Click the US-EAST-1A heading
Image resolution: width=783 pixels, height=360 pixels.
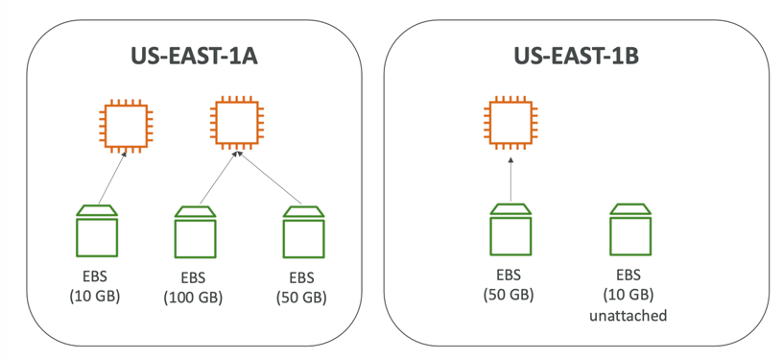tap(194, 57)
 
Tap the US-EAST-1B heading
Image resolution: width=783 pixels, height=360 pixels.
tap(577, 57)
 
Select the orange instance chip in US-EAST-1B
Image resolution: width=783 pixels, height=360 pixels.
tap(510, 123)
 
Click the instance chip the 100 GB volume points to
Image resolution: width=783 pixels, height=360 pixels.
tap(237, 123)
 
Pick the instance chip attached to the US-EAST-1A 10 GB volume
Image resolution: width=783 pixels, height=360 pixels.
tap(126, 126)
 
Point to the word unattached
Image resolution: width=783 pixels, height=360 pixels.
tap(629, 316)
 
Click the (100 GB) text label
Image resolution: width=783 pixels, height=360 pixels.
tap(193, 298)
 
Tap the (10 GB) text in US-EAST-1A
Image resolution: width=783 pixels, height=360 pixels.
tap(95, 296)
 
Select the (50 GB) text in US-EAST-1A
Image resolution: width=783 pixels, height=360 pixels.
tap(301, 298)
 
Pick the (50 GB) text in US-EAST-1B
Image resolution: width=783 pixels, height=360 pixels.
tap(509, 295)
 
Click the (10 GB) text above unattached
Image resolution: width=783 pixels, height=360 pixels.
tap(629, 295)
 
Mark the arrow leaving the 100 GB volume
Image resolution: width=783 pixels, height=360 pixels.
tap(218, 178)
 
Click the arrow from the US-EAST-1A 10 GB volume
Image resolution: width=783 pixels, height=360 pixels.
tap(112, 178)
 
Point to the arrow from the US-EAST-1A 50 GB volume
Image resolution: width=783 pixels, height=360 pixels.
tap(270, 178)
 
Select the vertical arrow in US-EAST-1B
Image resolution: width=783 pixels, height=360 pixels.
tap(510, 180)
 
